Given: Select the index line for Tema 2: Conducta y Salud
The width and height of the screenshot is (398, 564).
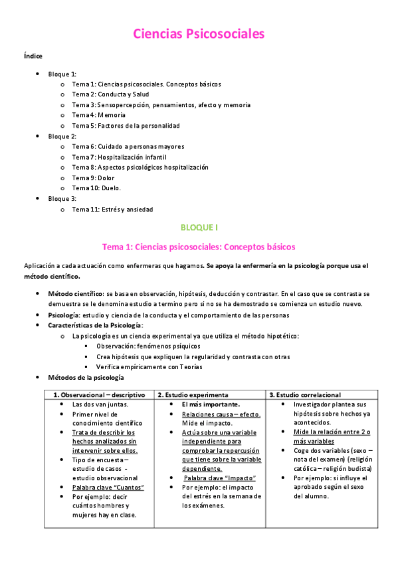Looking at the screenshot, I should click(110, 94).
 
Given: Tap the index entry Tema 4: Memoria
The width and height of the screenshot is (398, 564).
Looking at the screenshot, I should click(98, 115).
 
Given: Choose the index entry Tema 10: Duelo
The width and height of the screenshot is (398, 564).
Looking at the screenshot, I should click(96, 188).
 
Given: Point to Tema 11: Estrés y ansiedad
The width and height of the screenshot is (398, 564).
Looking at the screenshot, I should click(112, 210).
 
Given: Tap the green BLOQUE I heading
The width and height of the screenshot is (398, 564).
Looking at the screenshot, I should click(199, 227).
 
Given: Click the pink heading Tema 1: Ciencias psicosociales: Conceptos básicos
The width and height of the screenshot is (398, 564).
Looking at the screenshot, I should click(199, 247).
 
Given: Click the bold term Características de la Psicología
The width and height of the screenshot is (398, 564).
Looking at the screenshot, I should click(95, 325).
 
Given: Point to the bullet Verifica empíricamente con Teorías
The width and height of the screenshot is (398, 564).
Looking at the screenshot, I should click(149, 366).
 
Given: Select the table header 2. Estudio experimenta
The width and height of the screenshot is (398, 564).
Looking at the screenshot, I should click(193, 394).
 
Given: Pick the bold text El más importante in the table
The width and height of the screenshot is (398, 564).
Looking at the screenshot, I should click(211, 404).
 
